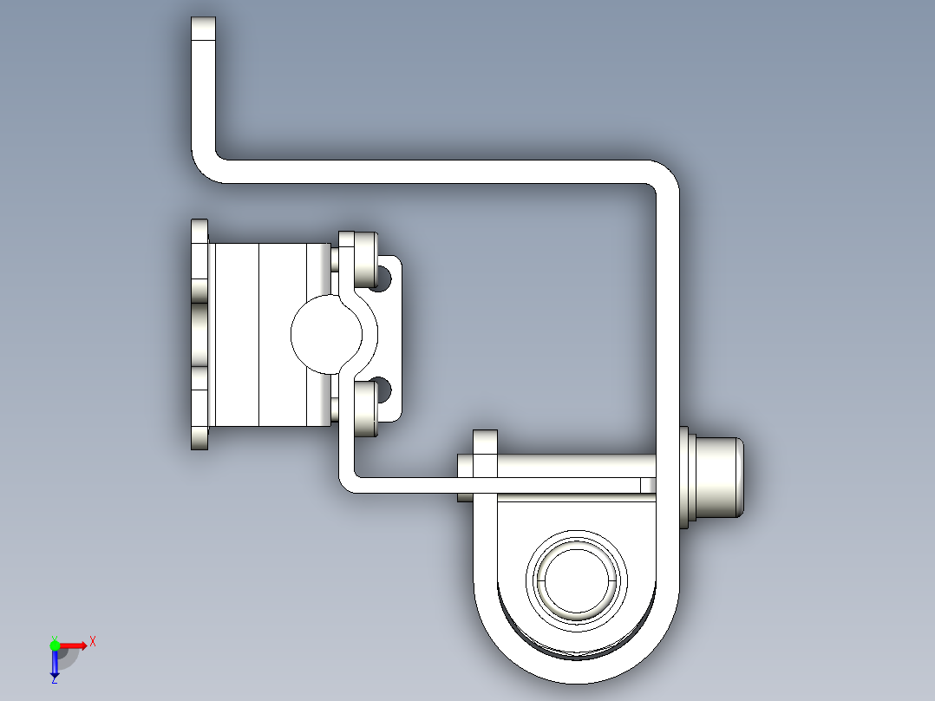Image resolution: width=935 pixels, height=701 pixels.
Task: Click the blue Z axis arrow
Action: coord(55,664)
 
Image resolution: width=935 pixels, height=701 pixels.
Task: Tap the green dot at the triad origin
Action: coord(55,645)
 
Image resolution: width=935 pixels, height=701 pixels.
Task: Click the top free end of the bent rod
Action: coord(203,29)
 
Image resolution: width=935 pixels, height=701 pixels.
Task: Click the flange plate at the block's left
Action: coord(200,334)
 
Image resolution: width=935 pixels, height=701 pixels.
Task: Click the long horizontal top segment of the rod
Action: coord(434,171)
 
